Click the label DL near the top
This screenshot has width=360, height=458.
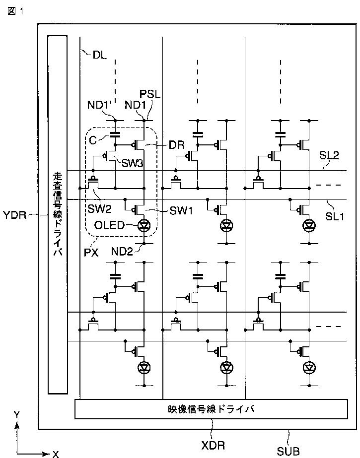tap(100, 55)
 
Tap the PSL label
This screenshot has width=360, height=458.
tap(150, 94)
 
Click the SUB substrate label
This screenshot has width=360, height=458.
tap(288, 451)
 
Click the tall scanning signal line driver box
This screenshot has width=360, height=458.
tap(57, 214)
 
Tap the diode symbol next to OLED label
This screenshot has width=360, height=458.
tap(144, 225)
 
